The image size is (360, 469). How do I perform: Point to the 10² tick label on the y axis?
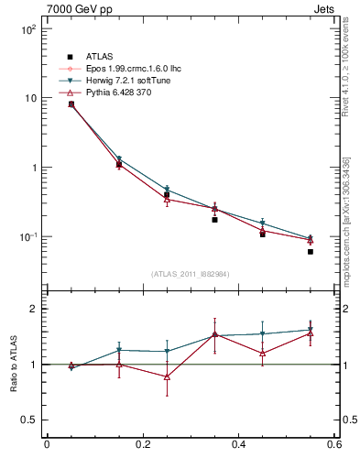click(27, 29)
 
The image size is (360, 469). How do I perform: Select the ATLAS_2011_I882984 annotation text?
click(190, 273)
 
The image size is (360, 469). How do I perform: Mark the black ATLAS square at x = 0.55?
click(311, 252)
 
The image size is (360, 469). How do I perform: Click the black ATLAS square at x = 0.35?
click(214, 220)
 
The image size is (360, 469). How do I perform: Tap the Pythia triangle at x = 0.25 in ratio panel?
click(167, 376)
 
